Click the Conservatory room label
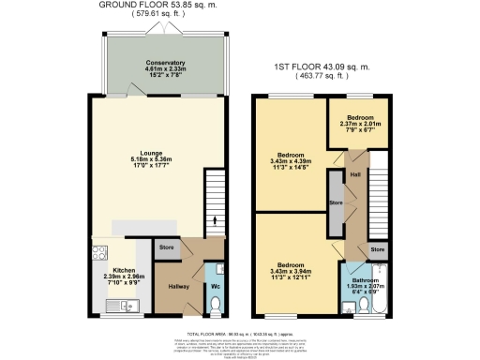[x=164, y=63]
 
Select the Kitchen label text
[x=111, y=270]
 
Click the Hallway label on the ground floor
[x=178, y=286]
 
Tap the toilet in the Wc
[x=216, y=305]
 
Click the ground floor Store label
[x=167, y=248]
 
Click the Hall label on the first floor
[x=355, y=174]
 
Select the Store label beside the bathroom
[x=377, y=249]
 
